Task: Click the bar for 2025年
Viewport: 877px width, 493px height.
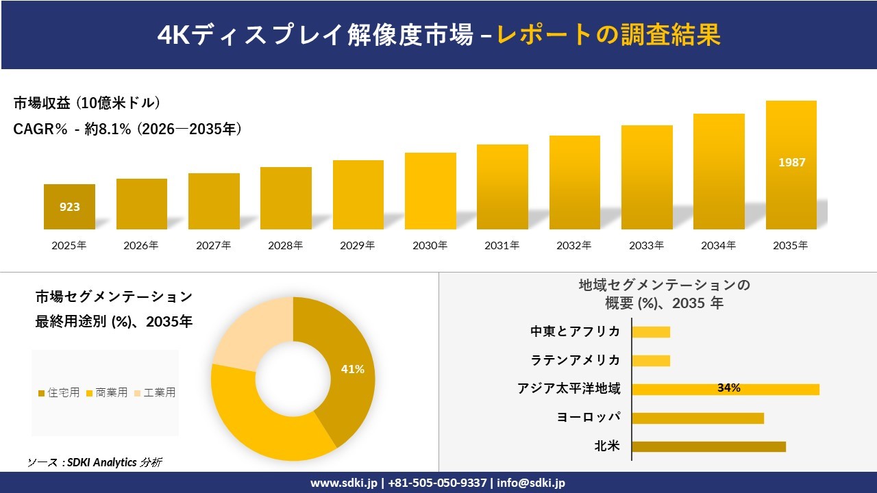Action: [69, 207]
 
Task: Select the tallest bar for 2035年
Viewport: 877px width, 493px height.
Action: [791, 165]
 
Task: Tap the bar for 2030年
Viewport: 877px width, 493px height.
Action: [430, 191]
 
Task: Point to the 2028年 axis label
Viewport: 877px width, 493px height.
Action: [286, 245]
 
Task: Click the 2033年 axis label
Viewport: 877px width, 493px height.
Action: [646, 245]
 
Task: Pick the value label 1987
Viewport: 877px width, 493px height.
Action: [791, 162]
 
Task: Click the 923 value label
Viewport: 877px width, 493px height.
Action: [69, 207]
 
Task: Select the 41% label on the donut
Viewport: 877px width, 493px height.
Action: [352, 369]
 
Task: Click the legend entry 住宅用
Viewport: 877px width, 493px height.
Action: [59, 392]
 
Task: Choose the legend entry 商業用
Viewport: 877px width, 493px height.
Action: [107, 392]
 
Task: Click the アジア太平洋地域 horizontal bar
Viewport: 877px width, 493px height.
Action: [725, 389]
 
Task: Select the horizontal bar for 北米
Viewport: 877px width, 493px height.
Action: [708, 446]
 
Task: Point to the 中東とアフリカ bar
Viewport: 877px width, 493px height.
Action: [651, 332]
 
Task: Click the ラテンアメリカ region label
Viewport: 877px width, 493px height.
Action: [576, 360]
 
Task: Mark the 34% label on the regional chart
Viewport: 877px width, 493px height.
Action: [728, 388]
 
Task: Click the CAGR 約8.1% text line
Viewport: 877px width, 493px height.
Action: [127, 129]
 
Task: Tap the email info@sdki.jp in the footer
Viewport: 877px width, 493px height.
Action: [531, 483]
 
